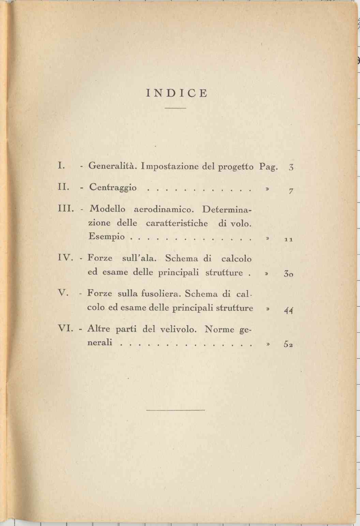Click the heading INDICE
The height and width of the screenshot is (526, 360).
tap(177, 93)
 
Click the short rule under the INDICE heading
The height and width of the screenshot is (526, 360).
tap(175, 108)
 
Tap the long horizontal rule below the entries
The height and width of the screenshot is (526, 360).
tap(175, 409)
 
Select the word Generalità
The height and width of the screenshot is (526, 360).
tap(112, 166)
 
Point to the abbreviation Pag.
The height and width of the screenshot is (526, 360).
tap(269, 167)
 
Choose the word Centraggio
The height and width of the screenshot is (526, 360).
tap(113, 188)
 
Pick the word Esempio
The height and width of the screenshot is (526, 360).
tap(106, 236)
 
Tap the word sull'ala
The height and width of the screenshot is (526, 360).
tap(139, 258)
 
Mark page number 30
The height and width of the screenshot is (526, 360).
tap(288, 274)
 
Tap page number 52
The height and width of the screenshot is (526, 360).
tap(288, 344)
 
